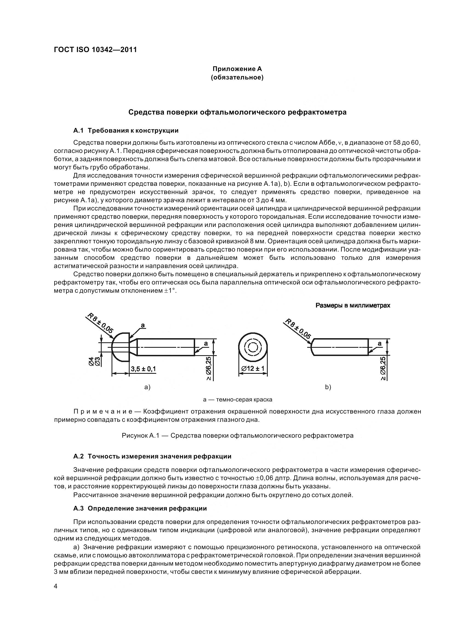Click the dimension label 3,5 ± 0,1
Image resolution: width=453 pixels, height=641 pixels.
143,369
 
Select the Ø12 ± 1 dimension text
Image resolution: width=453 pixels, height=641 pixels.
253,369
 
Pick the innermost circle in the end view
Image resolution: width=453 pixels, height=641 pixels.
253,348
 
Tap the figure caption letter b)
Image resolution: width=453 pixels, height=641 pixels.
328,387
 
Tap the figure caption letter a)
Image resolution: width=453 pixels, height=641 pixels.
147,387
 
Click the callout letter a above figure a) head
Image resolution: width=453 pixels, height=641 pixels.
143,325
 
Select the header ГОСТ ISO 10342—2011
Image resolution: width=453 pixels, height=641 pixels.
95,50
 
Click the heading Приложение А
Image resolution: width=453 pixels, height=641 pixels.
237,69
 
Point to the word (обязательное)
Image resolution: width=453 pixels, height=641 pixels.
237,77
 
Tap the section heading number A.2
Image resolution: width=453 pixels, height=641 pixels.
78,457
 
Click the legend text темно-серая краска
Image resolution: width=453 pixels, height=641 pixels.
244,400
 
